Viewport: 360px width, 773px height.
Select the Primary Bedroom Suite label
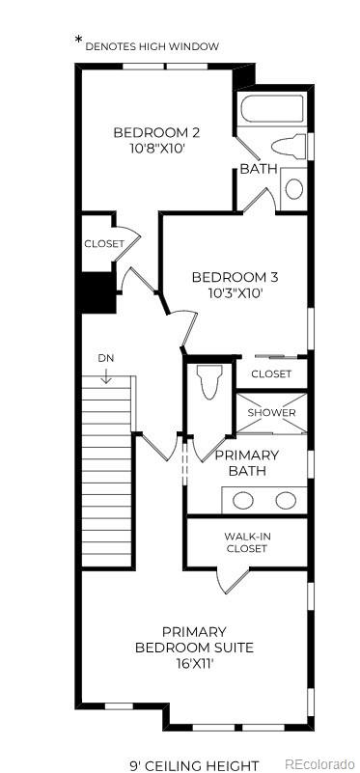194,639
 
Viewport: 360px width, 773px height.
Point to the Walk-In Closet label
246,542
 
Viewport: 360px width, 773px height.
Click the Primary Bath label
247,462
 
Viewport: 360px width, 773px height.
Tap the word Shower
271,413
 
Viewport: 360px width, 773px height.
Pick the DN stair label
105,359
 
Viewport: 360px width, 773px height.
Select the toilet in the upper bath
289,148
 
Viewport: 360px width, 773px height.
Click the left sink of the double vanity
245,500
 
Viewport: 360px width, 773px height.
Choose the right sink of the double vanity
286,500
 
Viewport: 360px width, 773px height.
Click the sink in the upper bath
293,187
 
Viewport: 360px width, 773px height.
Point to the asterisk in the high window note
79,41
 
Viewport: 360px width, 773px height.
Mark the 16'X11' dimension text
194,664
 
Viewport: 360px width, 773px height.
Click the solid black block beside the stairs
96,291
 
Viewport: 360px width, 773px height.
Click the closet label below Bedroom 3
271,373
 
